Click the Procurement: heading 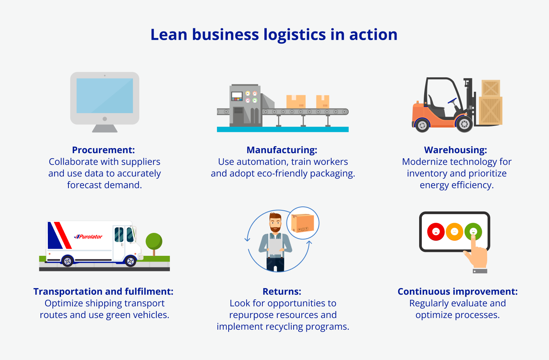point(103,150)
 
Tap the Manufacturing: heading point(282,150)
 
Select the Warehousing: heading point(455,150)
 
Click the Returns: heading point(282,292)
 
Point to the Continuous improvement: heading point(458,292)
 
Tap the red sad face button point(436,232)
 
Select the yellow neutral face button point(455,232)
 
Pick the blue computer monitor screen point(105,96)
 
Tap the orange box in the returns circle point(302,223)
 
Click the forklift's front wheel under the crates point(464,124)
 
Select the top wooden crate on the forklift point(491,88)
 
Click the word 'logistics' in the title point(295,35)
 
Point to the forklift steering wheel point(452,101)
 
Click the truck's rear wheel point(68,261)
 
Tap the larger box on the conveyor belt point(296,102)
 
